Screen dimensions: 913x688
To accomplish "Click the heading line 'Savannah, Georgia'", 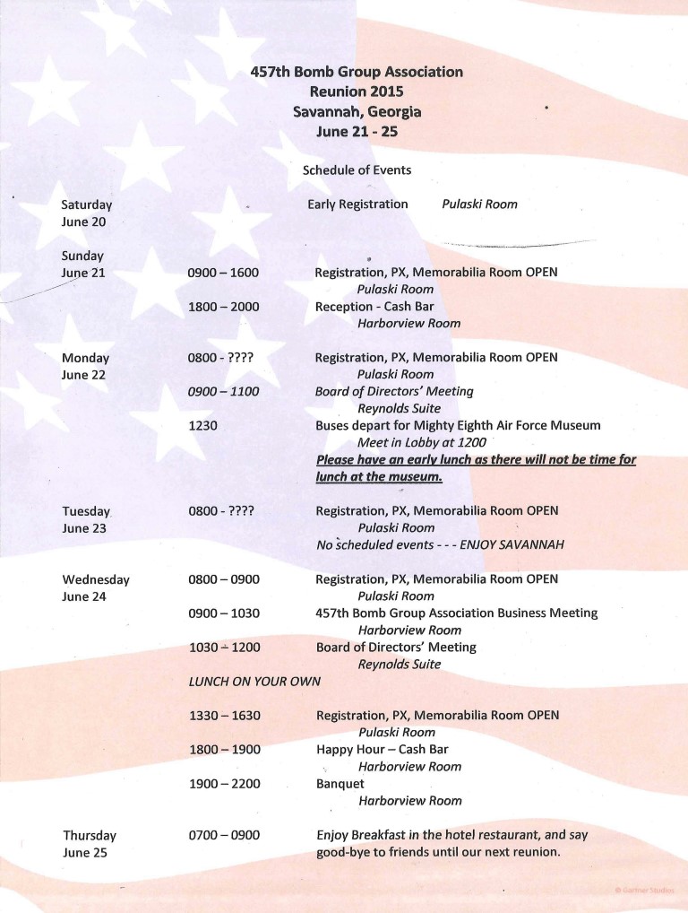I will click(357, 111).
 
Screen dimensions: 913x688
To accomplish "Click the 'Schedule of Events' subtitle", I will click(357, 170).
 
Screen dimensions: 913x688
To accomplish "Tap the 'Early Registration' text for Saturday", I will click(357, 204).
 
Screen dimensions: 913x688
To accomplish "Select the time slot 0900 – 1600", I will click(223, 273).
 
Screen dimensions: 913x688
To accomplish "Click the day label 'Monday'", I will click(85, 358).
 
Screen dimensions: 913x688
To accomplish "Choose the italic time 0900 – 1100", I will click(223, 392).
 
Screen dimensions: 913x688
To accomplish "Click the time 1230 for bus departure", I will click(203, 426).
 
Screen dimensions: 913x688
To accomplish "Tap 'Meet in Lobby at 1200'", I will click(422, 443).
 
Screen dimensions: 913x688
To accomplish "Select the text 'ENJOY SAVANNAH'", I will click(511, 545).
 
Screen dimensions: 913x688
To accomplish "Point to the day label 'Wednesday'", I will click(96, 579).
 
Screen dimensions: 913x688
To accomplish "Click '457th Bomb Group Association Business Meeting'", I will click(456, 613).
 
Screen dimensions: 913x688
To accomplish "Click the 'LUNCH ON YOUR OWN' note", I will click(254, 682).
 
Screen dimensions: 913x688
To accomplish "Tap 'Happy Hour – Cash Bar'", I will click(383, 750).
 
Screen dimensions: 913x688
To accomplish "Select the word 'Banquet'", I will click(340, 784).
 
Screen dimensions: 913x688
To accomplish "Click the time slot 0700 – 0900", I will click(224, 836).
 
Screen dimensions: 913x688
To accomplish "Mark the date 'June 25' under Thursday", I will click(85, 853).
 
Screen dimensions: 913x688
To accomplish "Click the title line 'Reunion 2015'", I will click(357, 91).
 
